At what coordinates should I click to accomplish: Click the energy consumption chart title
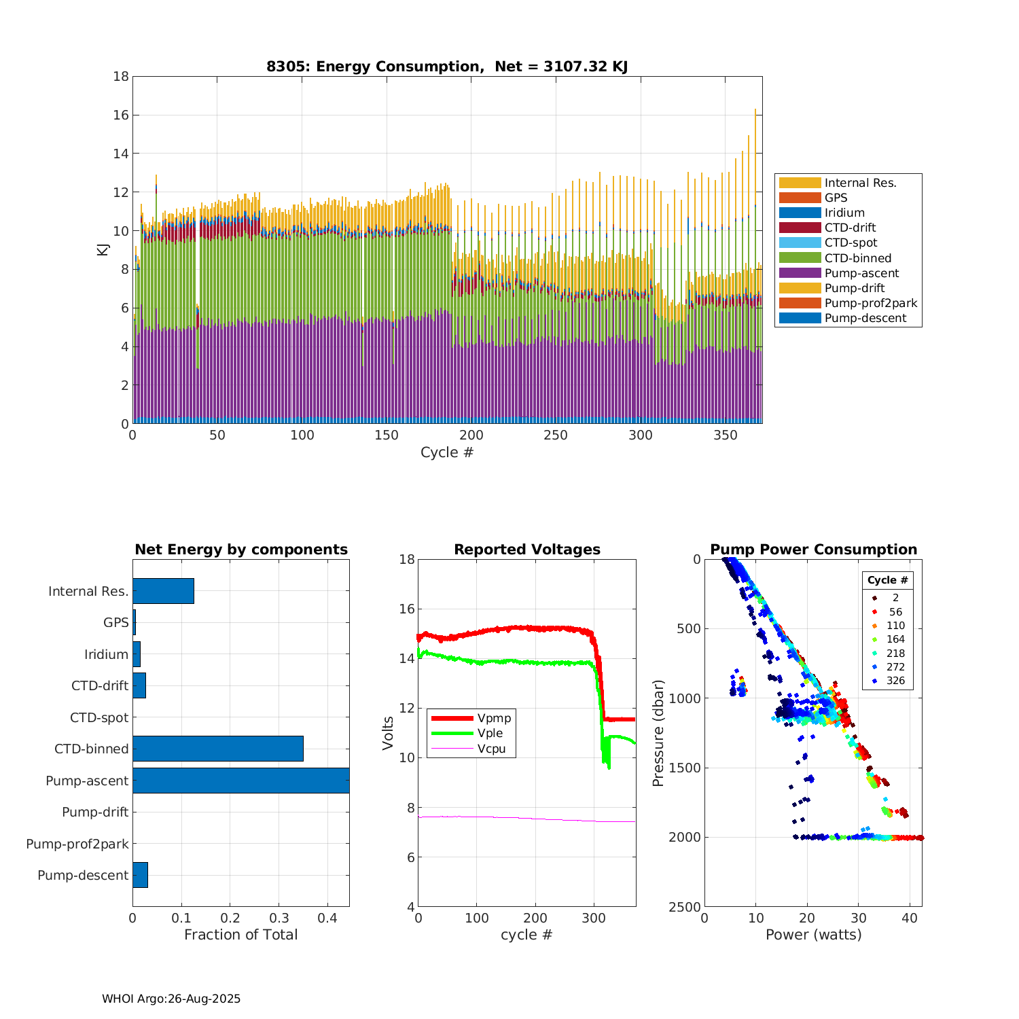446,67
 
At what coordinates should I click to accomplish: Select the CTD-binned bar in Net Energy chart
218,749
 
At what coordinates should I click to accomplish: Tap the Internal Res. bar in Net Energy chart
163,591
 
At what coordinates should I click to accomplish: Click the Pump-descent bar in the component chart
140,875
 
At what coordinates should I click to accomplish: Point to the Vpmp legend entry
494,718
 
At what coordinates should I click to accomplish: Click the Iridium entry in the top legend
844,213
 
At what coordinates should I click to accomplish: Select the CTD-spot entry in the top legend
851,243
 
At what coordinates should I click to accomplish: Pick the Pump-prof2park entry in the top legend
870,303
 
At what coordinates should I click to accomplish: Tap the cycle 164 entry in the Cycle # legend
895,639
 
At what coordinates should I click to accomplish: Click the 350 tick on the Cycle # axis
726,435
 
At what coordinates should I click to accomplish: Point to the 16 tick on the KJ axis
121,115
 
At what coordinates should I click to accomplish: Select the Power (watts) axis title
813,935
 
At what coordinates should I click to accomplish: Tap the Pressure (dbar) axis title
658,733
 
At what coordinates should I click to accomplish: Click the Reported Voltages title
527,550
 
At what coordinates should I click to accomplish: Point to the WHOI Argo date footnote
171,999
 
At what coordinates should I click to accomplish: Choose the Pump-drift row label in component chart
95,812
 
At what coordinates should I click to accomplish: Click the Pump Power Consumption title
813,550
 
